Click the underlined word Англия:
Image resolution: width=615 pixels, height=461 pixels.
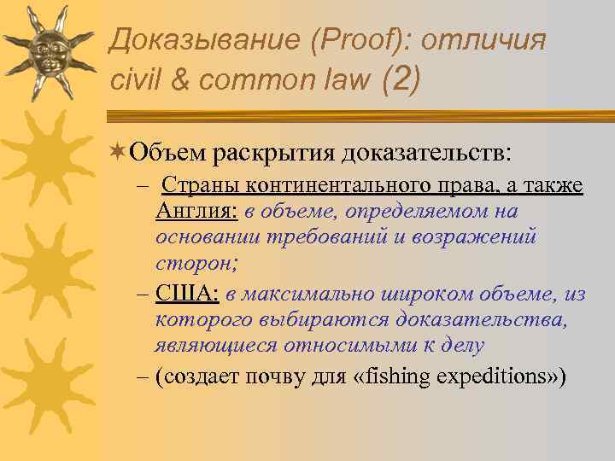196,211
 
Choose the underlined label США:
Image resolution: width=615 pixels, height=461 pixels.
187,294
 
